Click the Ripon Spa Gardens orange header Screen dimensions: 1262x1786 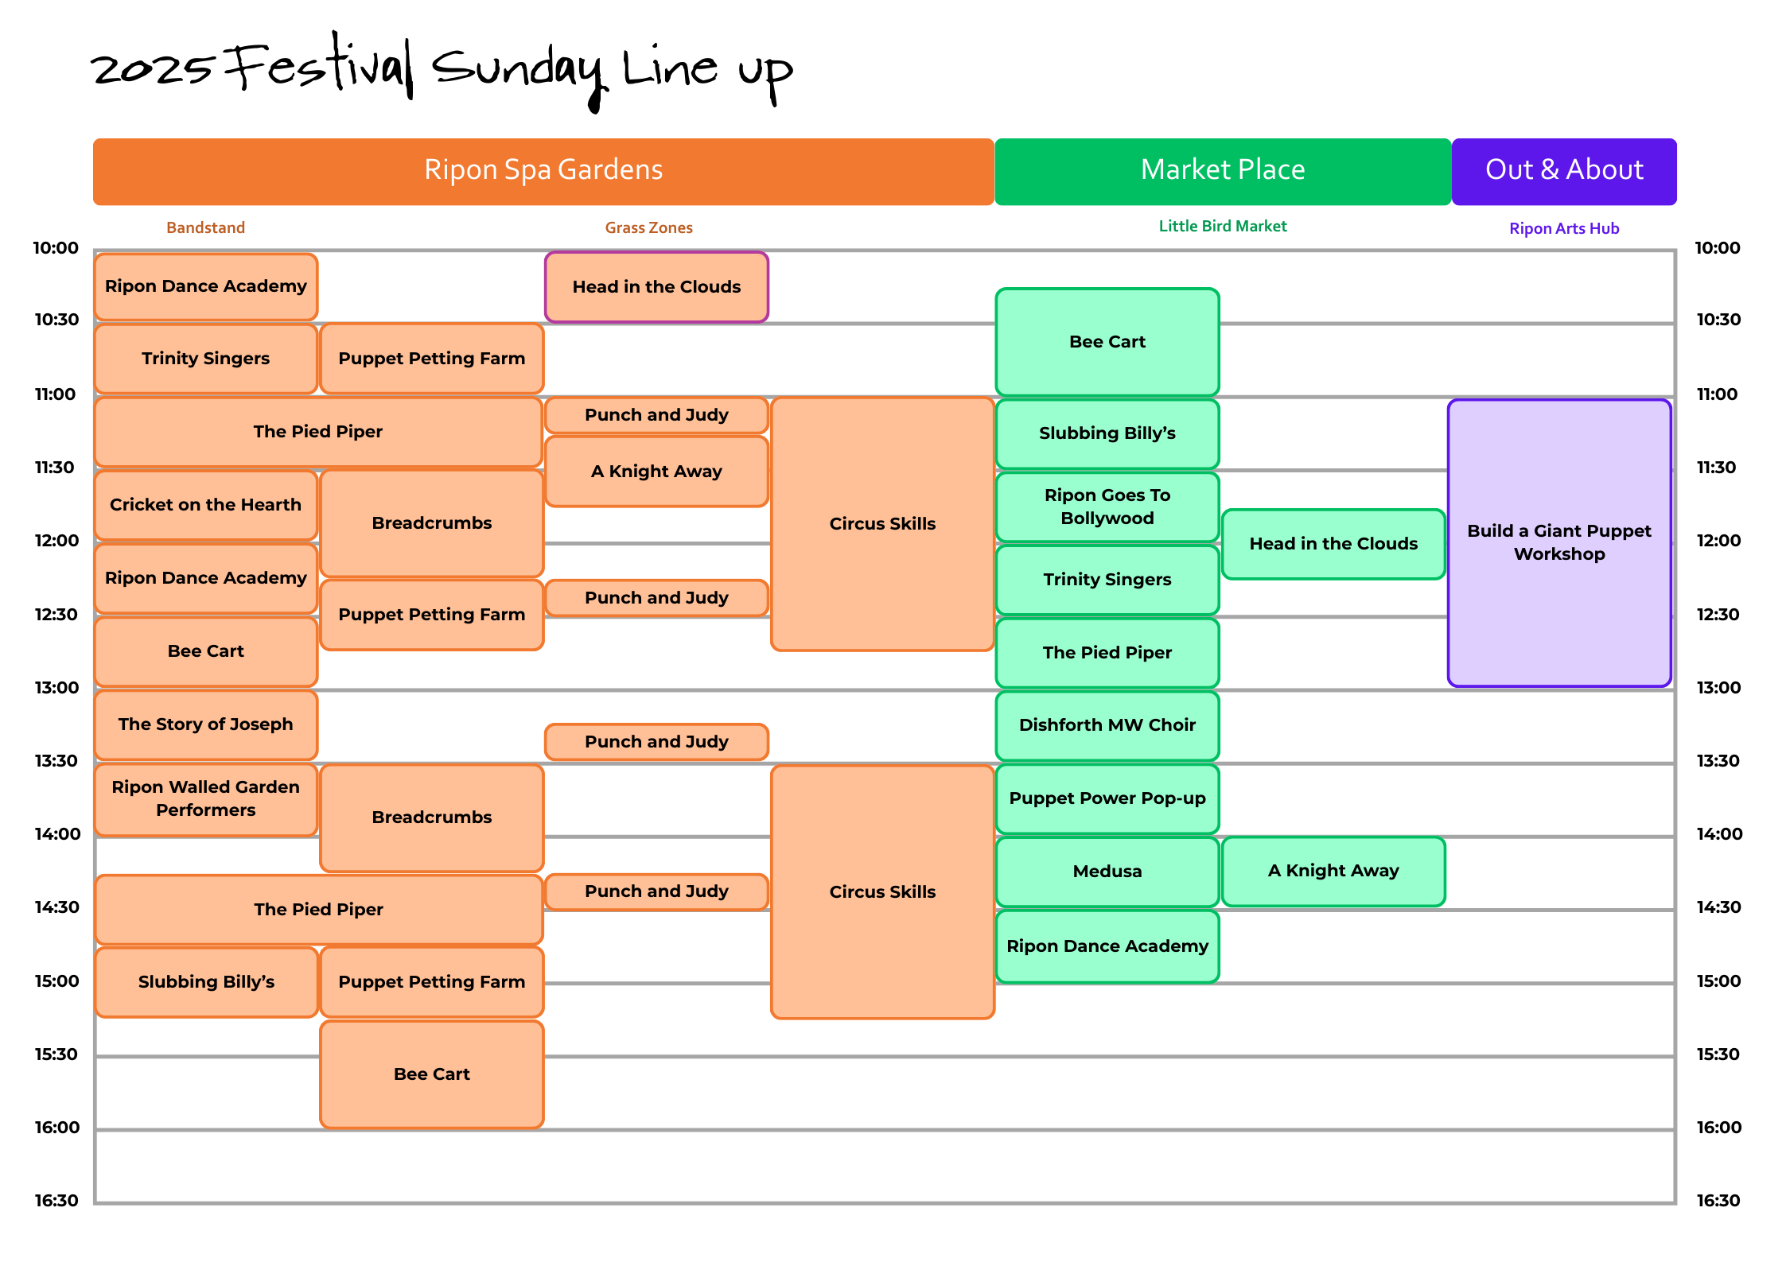coord(543,171)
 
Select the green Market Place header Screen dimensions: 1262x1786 coord(1223,171)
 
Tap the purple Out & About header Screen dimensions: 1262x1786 coord(1564,171)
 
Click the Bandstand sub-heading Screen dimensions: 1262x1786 coord(205,227)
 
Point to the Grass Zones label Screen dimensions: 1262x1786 coord(648,227)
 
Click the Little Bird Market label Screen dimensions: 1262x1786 coord(1222,226)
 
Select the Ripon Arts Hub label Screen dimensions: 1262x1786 coord(1564,228)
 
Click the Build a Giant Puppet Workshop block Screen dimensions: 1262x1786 coord(1559,542)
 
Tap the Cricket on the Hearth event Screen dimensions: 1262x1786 coord(205,505)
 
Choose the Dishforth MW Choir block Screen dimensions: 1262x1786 coord(1107,725)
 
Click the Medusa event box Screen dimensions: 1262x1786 coord(1107,872)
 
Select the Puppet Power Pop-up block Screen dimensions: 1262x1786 coord(1107,798)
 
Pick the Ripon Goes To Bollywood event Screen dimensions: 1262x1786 coord(1107,507)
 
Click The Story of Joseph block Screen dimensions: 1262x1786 coord(205,724)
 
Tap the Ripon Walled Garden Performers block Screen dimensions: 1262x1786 coord(205,798)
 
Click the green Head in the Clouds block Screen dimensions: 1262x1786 coord(1333,544)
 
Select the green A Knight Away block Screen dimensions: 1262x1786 coord(1333,871)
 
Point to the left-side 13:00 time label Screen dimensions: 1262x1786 coord(56,688)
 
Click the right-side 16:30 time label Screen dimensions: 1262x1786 coord(1718,1201)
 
